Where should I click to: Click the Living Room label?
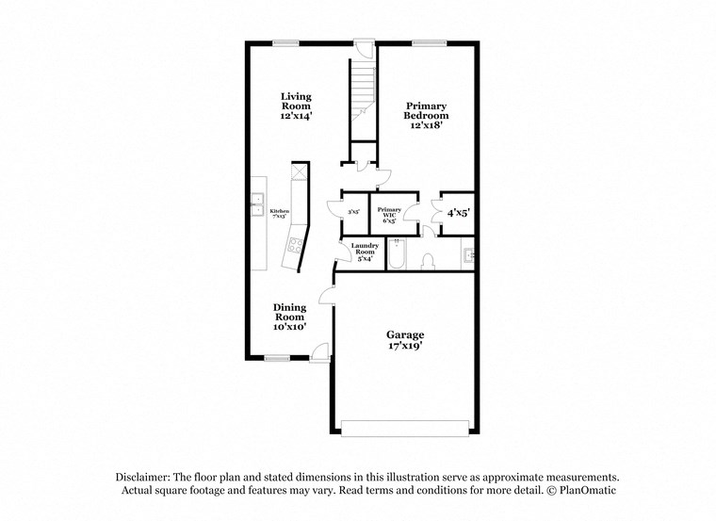296,106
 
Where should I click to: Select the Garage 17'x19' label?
405,340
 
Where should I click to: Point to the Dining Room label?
289,317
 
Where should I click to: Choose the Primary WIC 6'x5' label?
389,214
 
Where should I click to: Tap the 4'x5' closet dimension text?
458,213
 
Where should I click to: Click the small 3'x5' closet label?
354,213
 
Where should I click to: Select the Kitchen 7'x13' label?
279,214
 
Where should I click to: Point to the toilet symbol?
428,260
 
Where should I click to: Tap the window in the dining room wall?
277,357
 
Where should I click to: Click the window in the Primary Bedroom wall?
429,42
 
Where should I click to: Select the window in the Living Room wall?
286,42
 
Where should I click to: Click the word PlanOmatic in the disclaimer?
585,491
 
